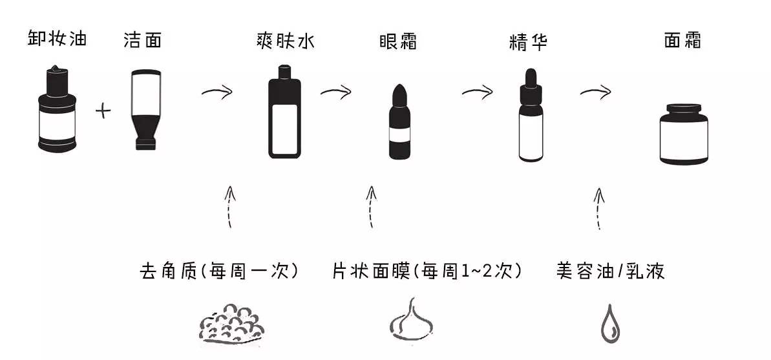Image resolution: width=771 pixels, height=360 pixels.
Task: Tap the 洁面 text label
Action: (x=142, y=40)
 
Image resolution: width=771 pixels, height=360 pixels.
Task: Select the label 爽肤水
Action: (x=286, y=42)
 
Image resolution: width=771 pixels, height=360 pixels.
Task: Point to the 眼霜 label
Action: (x=398, y=42)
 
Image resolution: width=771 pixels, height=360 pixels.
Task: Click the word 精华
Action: (x=528, y=43)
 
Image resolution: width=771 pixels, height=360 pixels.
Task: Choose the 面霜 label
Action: (x=682, y=41)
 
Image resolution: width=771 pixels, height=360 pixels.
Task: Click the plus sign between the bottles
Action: (x=103, y=111)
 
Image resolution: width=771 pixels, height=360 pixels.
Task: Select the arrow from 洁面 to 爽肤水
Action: (x=217, y=93)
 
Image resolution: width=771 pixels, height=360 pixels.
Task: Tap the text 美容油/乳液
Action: (x=610, y=271)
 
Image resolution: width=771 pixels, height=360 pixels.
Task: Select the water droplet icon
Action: (x=609, y=324)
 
